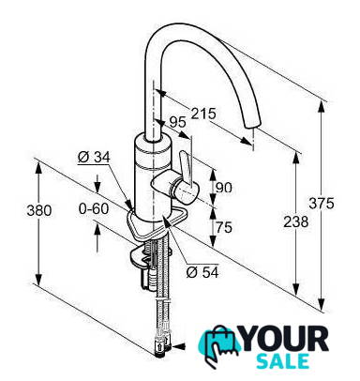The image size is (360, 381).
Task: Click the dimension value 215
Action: click(x=203, y=114)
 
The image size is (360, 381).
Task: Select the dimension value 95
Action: click(x=177, y=122)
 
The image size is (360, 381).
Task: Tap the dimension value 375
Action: click(x=322, y=204)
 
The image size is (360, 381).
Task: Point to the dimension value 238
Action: click(x=295, y=221)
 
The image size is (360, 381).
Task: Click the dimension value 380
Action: click(x=39, y=210)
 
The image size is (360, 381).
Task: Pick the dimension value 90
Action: click(x=224, y=188)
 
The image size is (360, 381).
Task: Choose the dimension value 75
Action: click(x=224, y=227)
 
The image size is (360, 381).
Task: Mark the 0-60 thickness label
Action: click(x=94, y=209)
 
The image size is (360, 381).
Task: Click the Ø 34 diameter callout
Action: click(x=94, y=157)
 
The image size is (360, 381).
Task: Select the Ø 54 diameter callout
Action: click(x=202, y=272)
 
